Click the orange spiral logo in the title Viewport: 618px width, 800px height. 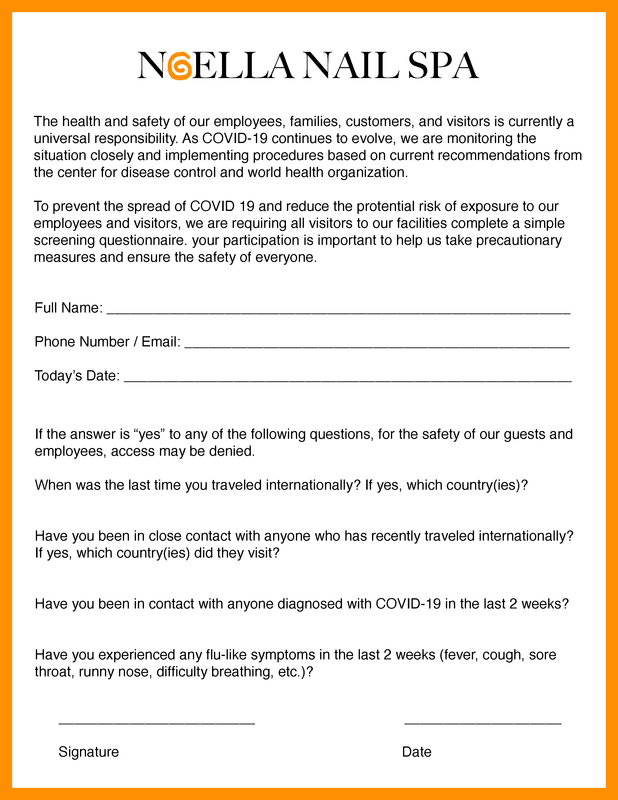(180, 66)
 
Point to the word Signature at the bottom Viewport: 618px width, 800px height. (89, 752)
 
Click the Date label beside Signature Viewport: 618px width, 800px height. (417, 752)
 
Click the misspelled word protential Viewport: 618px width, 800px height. (381, 207)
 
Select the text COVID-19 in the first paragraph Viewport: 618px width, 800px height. (235, 138)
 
